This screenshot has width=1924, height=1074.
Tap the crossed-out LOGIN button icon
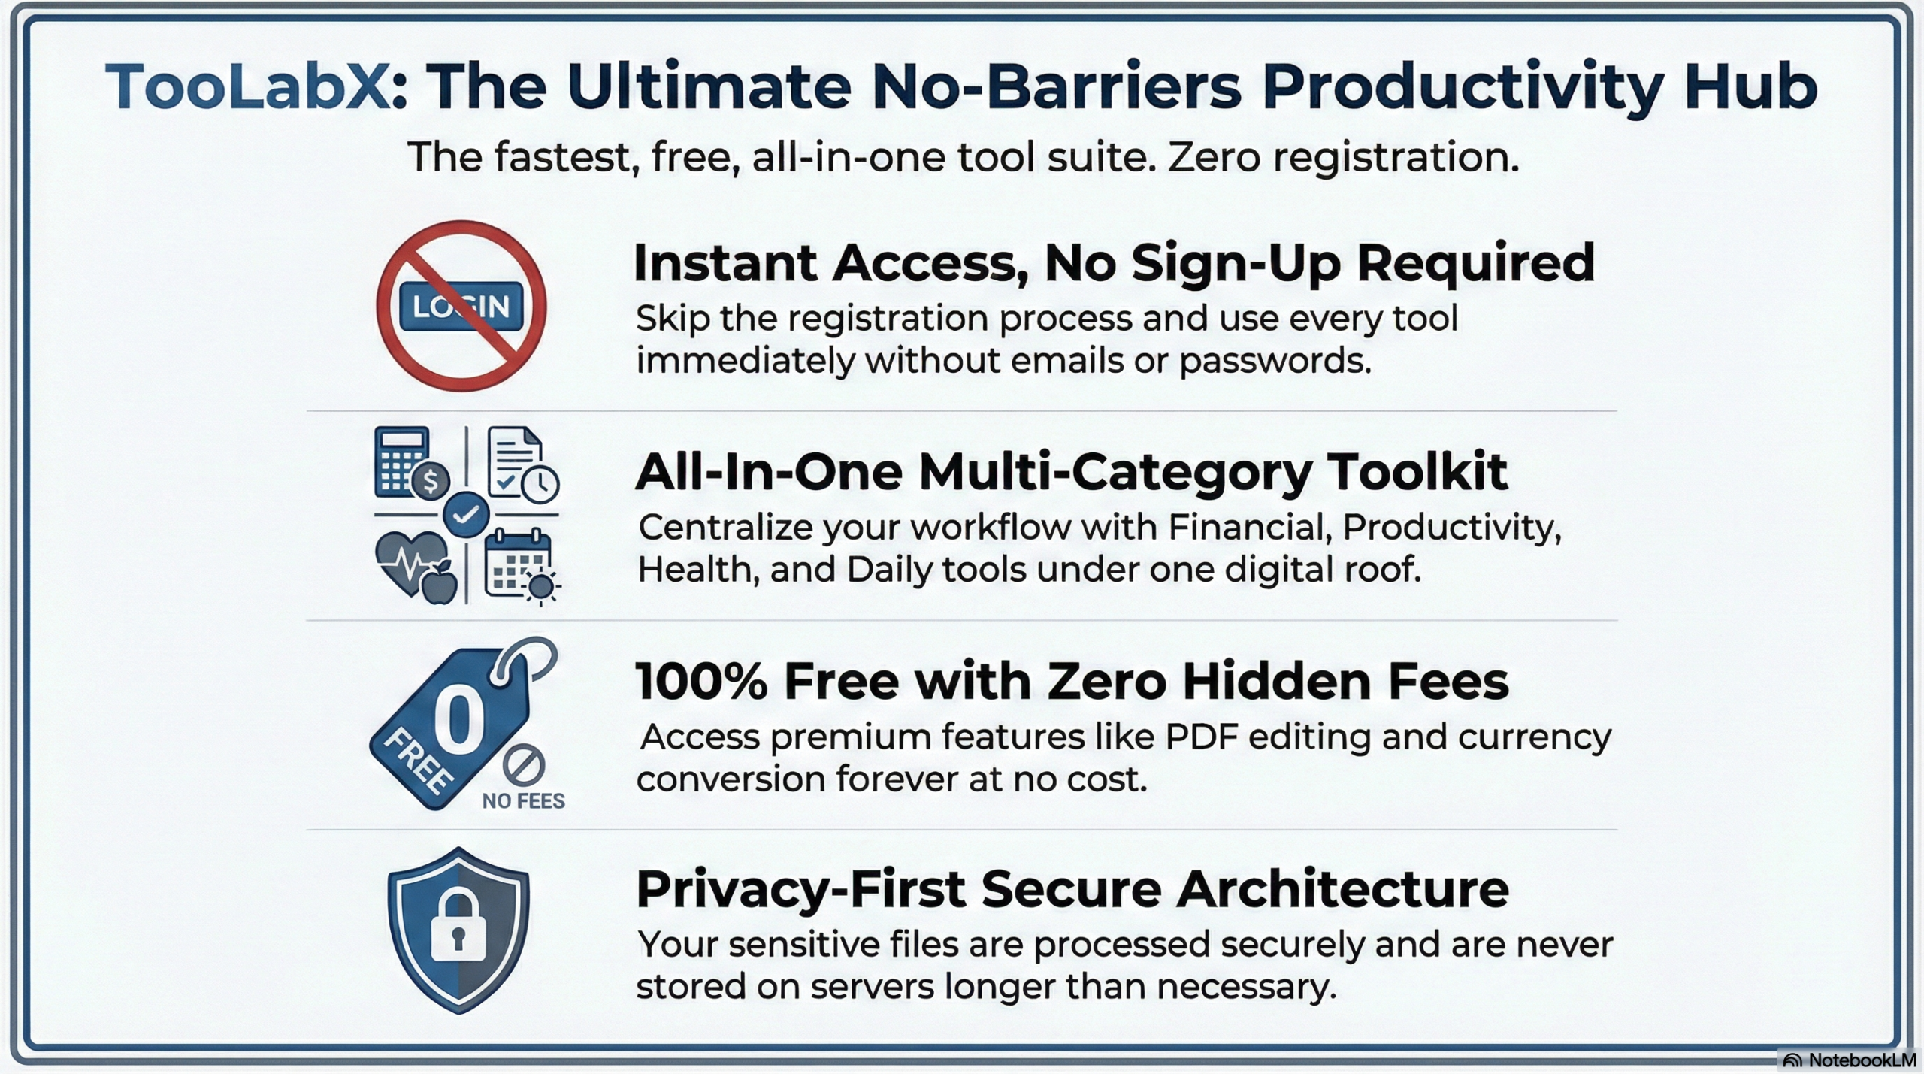(461, 306)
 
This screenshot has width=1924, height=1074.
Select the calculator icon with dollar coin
(410, 462)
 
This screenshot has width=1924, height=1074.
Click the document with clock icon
(522, 464)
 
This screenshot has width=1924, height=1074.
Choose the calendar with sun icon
(521, 566)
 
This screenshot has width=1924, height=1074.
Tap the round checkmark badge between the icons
(466, 515)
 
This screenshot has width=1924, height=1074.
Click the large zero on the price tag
(458, 722)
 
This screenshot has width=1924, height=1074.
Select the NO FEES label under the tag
(523, 801)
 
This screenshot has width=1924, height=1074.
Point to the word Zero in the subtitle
(1213, 158)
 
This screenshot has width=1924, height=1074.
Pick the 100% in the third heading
(701, 682)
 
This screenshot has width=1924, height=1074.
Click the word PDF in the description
(1201, 737)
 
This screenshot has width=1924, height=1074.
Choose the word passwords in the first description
(1275, 362)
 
